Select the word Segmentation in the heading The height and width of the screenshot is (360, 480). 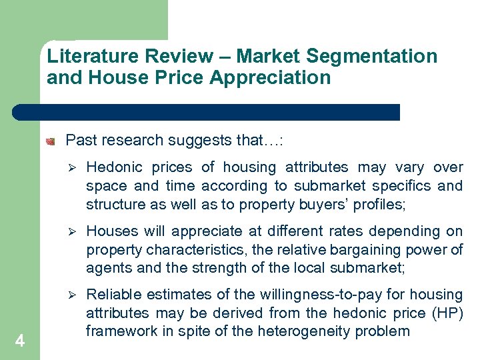pos(373,56)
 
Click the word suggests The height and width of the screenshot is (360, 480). pos(199,141)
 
